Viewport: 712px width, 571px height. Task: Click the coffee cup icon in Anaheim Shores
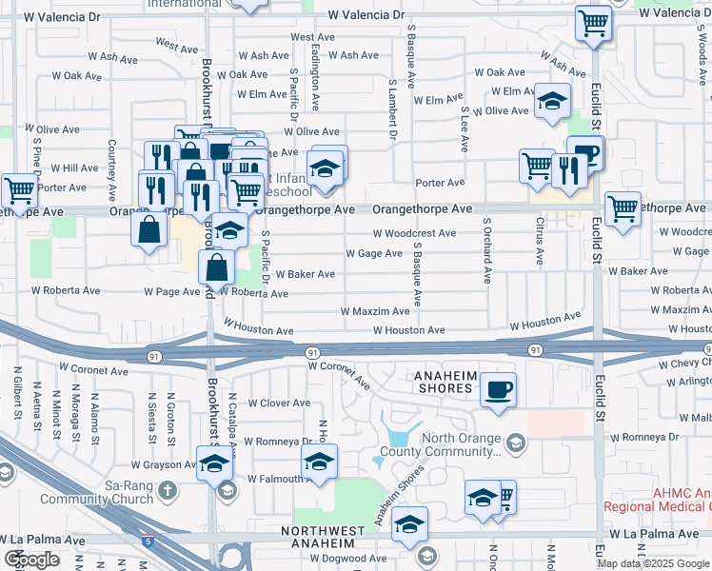pyautogui.click(x=498, y=388)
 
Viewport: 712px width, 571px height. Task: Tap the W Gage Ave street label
pyautogui.click(x=374, y=253)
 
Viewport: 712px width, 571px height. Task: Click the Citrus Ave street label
pyautogui.click(x=540, y=241)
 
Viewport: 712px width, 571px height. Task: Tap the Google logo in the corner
pyautogui.click(x=31, y=560)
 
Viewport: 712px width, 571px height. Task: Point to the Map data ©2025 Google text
pyautogui.click(x=653, y=563)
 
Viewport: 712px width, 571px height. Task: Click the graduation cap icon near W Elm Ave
pyautogui.click(x=552, y=102)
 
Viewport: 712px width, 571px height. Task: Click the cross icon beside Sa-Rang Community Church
pyautogui.click(x=168, y=491)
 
